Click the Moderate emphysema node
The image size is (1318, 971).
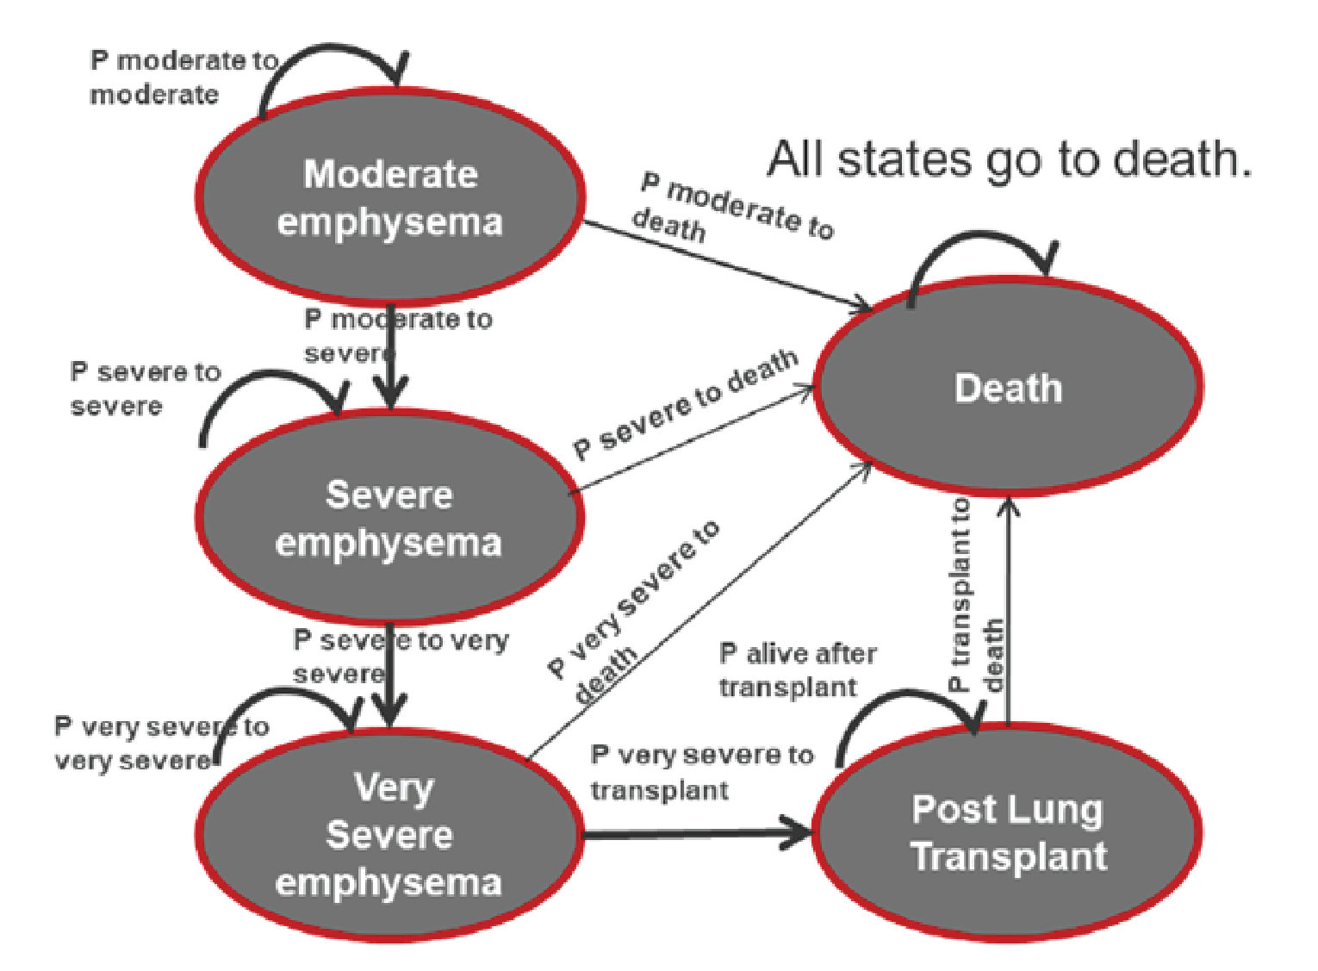[390, 196]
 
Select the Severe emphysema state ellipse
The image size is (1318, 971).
[389, 518]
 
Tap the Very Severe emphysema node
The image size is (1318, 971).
[389, 834]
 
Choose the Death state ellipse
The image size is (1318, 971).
[1008, 388]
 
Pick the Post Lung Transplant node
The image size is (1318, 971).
[1008, 832]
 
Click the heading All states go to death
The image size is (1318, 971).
[1009, 159]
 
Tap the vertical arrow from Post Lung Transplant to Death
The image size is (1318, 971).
[1009, 612]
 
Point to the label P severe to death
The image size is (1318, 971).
[685, 404]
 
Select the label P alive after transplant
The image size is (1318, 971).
[797, 670]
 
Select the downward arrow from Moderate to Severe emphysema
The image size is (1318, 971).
[391, 358]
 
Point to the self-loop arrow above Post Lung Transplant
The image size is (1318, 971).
[905, 702]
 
